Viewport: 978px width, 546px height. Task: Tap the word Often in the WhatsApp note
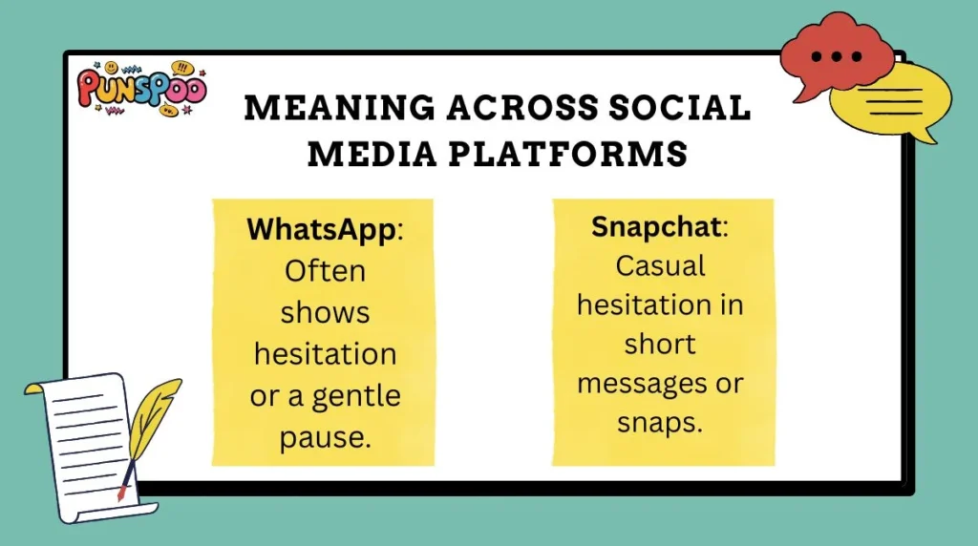point(325,271)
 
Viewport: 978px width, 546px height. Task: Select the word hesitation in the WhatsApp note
point(325,353)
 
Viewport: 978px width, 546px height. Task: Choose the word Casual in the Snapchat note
point(661,265)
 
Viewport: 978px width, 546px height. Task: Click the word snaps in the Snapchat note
point(659,423)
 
